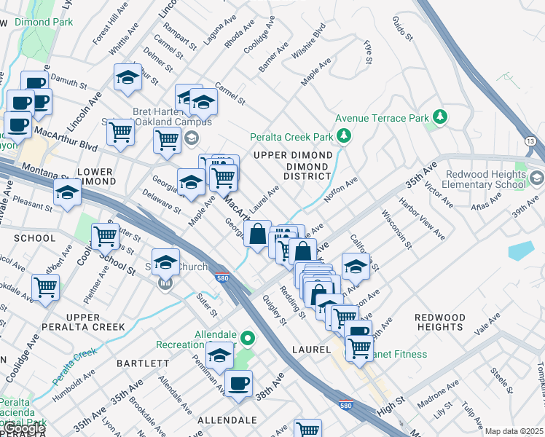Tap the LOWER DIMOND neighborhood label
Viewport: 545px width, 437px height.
click(95, 176)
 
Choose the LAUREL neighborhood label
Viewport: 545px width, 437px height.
click(311, 350)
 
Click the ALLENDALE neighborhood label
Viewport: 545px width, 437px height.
click(227, 420)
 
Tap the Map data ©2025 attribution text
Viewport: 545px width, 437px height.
click(514, 431)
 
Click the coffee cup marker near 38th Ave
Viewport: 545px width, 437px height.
click(238, 382)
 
